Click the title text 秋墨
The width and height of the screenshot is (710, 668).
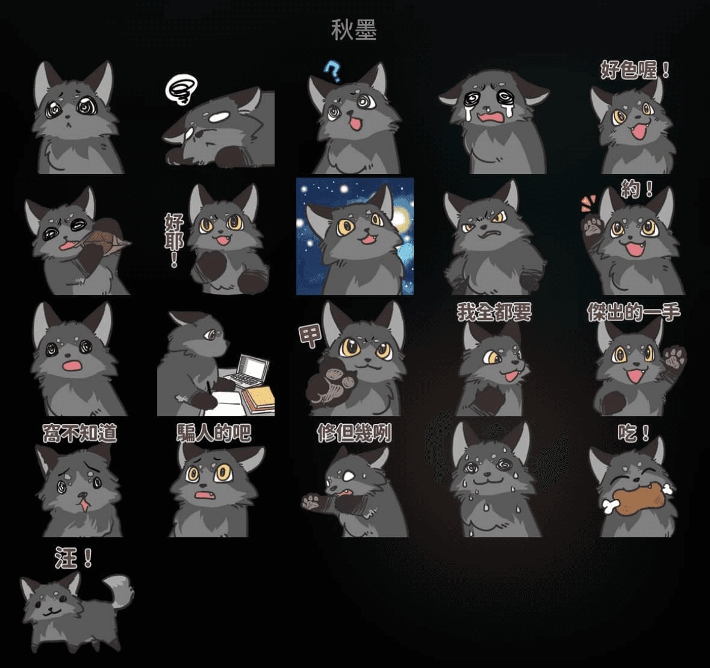point(353,30)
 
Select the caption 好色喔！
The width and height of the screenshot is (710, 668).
point(635,70)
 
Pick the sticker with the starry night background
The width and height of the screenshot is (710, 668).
point(355,236)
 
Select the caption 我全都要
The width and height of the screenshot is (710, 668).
point(494,312)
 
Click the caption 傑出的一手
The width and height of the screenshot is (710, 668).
point(634,312)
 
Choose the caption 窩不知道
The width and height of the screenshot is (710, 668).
point(79,433)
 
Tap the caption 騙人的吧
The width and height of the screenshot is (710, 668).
point(214,432)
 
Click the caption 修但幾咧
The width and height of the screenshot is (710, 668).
point(354,433)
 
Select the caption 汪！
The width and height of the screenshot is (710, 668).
point(73,558)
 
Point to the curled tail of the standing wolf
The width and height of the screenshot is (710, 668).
point(119,590)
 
